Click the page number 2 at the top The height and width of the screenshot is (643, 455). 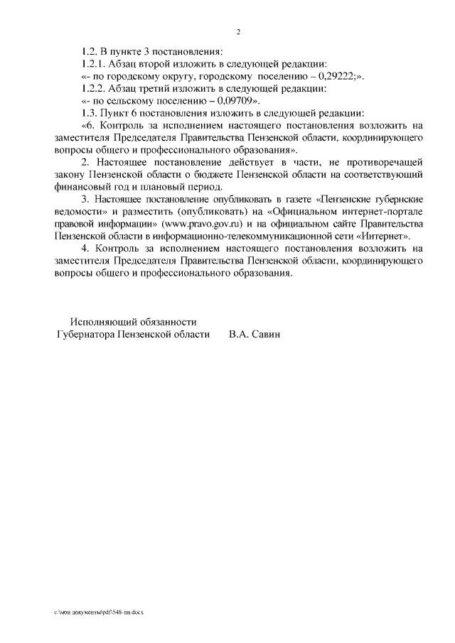pyautogui.click(x=239, y=32)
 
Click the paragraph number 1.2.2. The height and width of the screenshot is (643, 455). pyautogui.click(x=92, y=89)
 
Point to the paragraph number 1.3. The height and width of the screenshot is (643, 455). pyautogui.click(x=89, y=113)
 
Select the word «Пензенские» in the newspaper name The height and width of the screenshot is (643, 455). pyautogui.click(x=343, y=199)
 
